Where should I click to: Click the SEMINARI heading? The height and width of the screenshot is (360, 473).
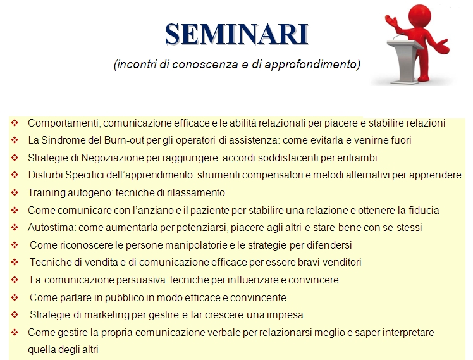tap(236, 34)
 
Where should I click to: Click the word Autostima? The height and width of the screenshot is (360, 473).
tap(52, 227)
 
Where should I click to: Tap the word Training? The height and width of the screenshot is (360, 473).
tap(46, 193)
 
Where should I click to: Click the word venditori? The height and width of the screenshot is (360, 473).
tap(341, 262)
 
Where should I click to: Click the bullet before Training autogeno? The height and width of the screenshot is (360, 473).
tap(15, 192)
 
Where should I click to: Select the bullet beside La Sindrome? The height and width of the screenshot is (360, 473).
tap(15, 140)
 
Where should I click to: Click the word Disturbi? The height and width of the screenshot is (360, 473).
tap(46, 175)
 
